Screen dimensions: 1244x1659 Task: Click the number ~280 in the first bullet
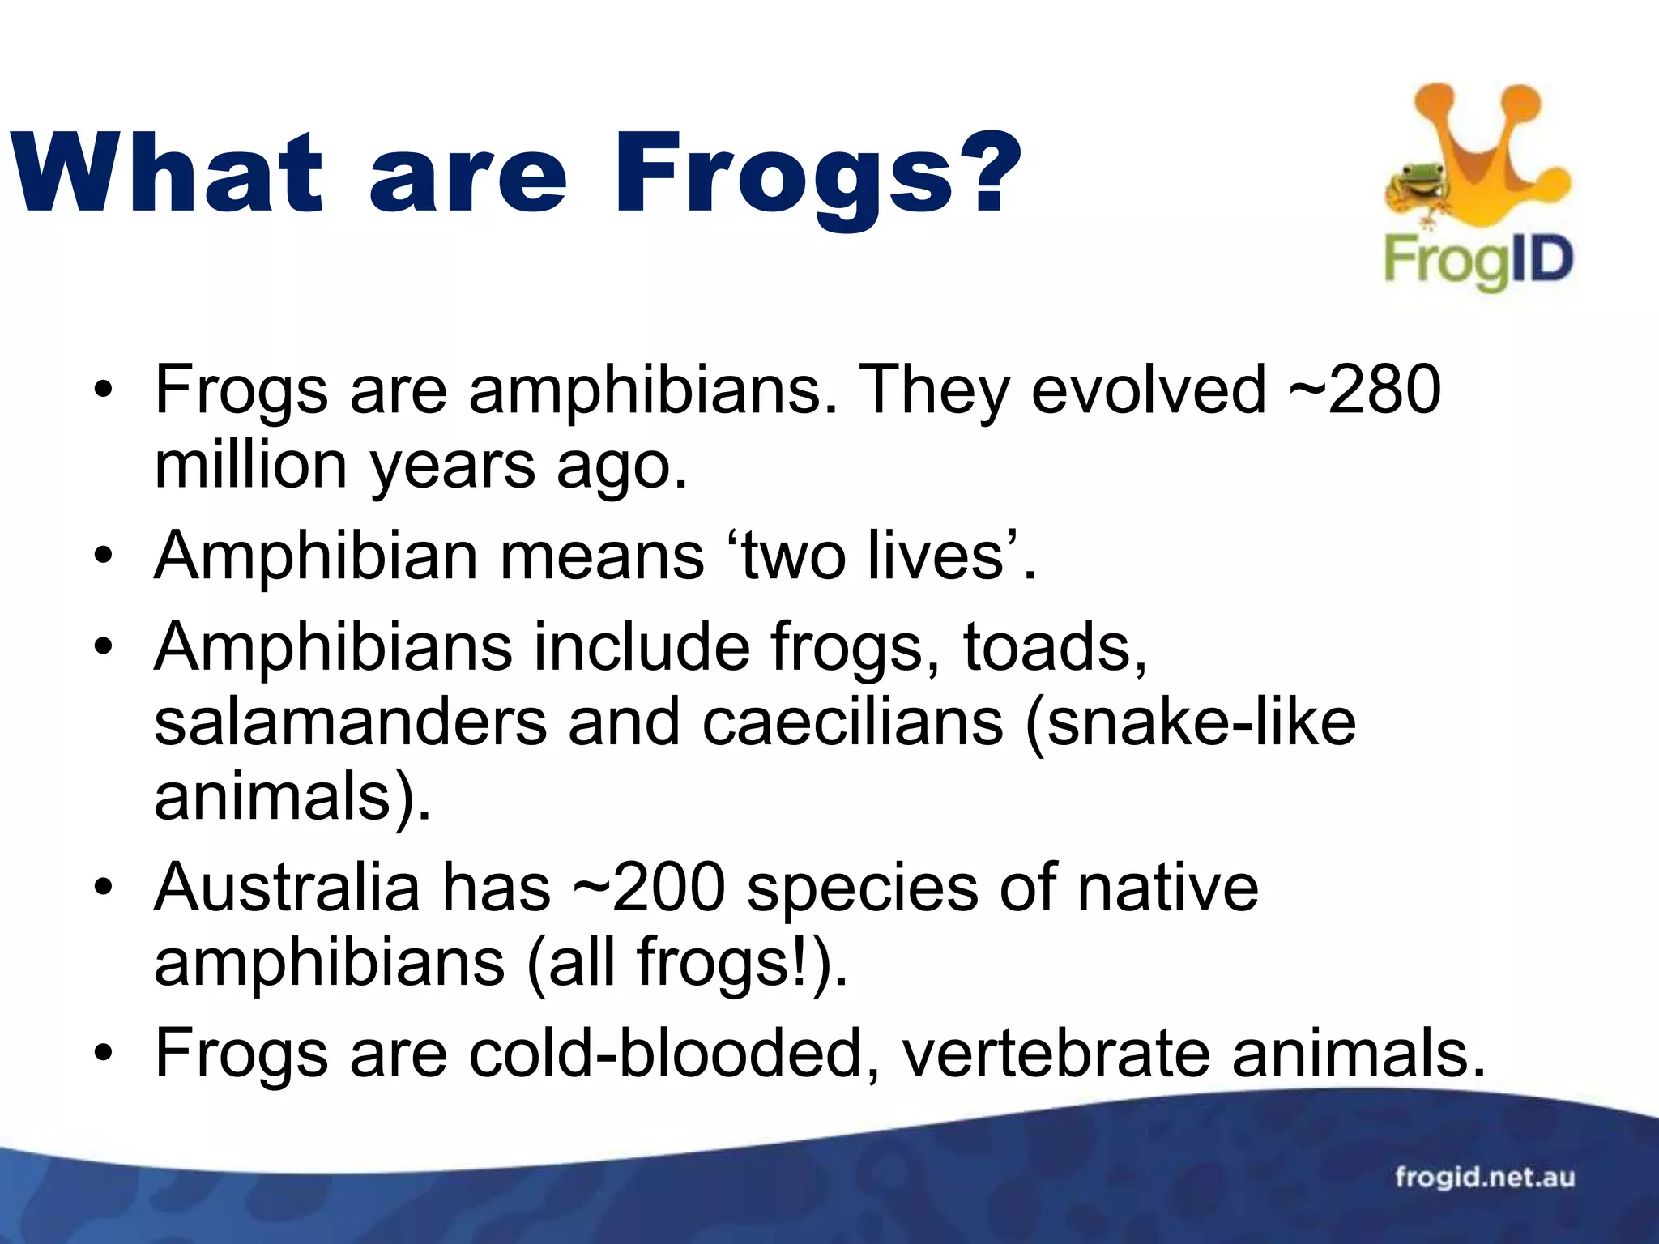[1365, 390]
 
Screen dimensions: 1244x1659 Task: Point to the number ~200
[649, 888]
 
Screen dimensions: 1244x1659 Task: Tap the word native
[1167, 888]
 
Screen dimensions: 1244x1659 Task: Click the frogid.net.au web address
[1484, 1176]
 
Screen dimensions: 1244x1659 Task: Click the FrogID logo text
[1478, 262]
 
